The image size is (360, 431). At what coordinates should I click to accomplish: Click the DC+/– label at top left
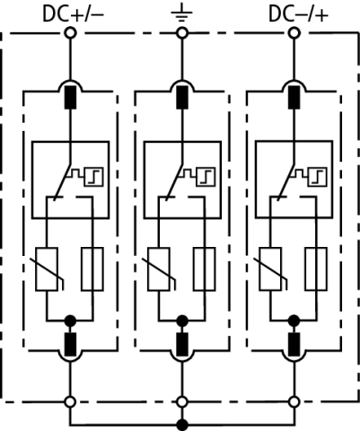coord(74,14)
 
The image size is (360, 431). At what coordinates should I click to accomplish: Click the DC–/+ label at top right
coord(298,14)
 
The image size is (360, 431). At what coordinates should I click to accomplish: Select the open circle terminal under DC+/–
coord(70,33)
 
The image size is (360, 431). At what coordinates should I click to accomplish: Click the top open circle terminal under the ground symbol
coord(182,33)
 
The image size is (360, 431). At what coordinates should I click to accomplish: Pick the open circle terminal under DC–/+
coord(294,33)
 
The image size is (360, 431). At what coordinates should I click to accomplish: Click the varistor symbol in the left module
coord(47,269)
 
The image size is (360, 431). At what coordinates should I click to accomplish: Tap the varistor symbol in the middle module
coord(159,269)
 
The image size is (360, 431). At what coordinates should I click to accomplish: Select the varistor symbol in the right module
coord(270,269)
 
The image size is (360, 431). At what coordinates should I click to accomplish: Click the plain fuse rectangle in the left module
coord(92,269)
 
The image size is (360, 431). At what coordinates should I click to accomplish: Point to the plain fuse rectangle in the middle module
coord(205,269)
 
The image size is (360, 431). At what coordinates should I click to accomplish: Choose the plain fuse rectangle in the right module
coord(316,269)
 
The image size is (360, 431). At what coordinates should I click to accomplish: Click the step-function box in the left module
coord(93,177)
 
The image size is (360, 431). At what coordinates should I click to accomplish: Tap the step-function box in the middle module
coord(206,177)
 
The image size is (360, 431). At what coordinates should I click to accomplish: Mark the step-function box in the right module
coord(317,177)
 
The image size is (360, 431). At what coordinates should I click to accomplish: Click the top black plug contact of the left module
coord(70,97)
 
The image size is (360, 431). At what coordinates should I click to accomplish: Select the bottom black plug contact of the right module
coord(294,344)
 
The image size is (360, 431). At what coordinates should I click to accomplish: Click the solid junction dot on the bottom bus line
coord(182,425)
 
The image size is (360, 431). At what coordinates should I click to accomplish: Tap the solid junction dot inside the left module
coord(70,321)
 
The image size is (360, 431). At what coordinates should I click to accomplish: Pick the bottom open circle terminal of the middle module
coord(182,402)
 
